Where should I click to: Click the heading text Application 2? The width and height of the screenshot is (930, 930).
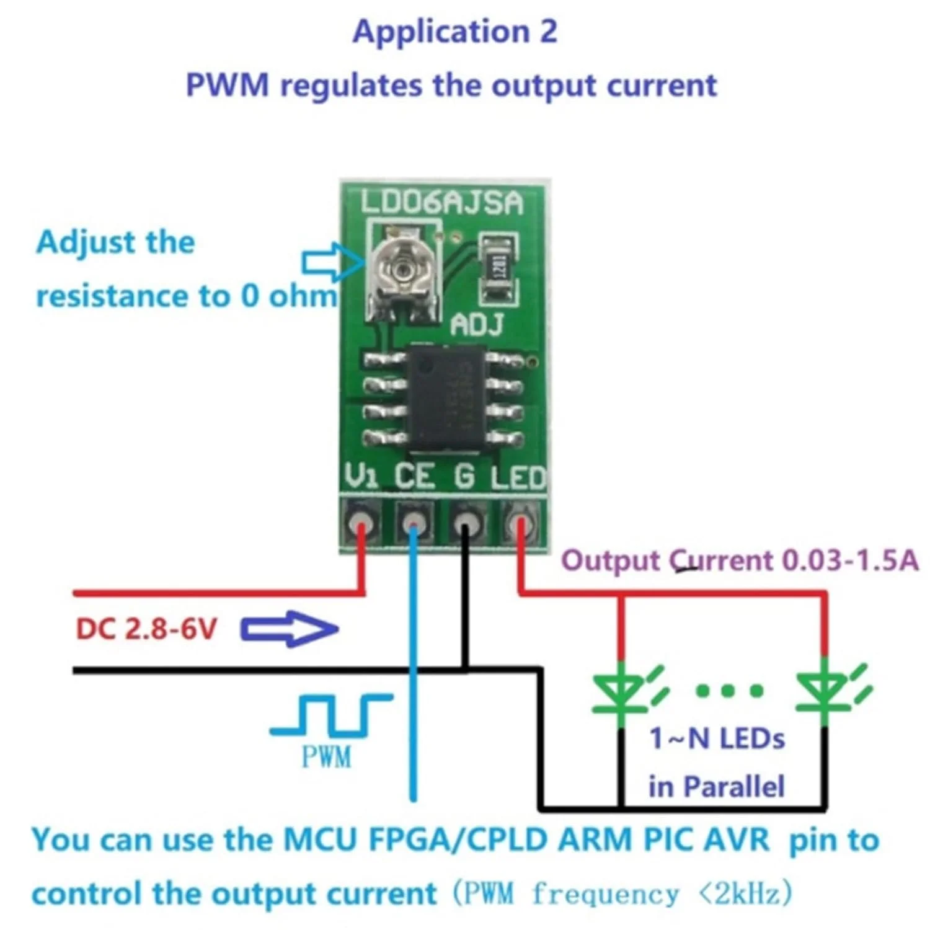pos(454,32)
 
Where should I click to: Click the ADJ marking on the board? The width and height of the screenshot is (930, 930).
pos(476,325)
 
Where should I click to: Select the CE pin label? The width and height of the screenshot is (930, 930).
pos(414,476)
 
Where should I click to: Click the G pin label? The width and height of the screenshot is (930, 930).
pos(464,476)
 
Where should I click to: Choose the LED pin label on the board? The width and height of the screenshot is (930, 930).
pos(518,477)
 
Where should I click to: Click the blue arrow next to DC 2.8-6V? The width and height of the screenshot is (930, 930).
pos(290,629)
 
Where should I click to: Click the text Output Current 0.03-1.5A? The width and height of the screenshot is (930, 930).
pos(739,560)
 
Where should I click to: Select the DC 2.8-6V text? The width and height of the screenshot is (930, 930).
pos(146,629)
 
